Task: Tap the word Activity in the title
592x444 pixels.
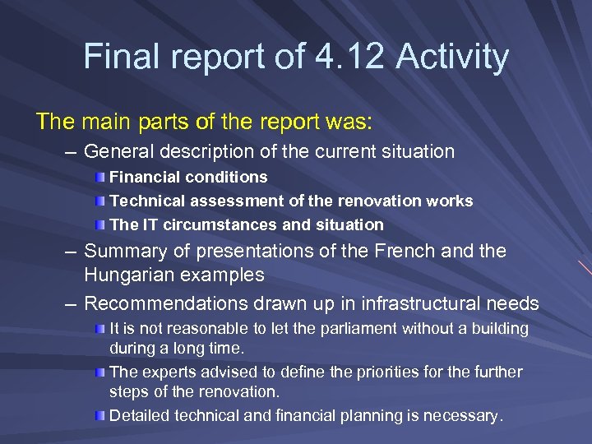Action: [452, 57]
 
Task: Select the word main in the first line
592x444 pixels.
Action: [103, 122]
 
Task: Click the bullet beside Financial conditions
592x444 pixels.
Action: [99, 178]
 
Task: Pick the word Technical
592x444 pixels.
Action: [146, 201]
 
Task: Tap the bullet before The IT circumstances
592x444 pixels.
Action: [99, 224]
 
